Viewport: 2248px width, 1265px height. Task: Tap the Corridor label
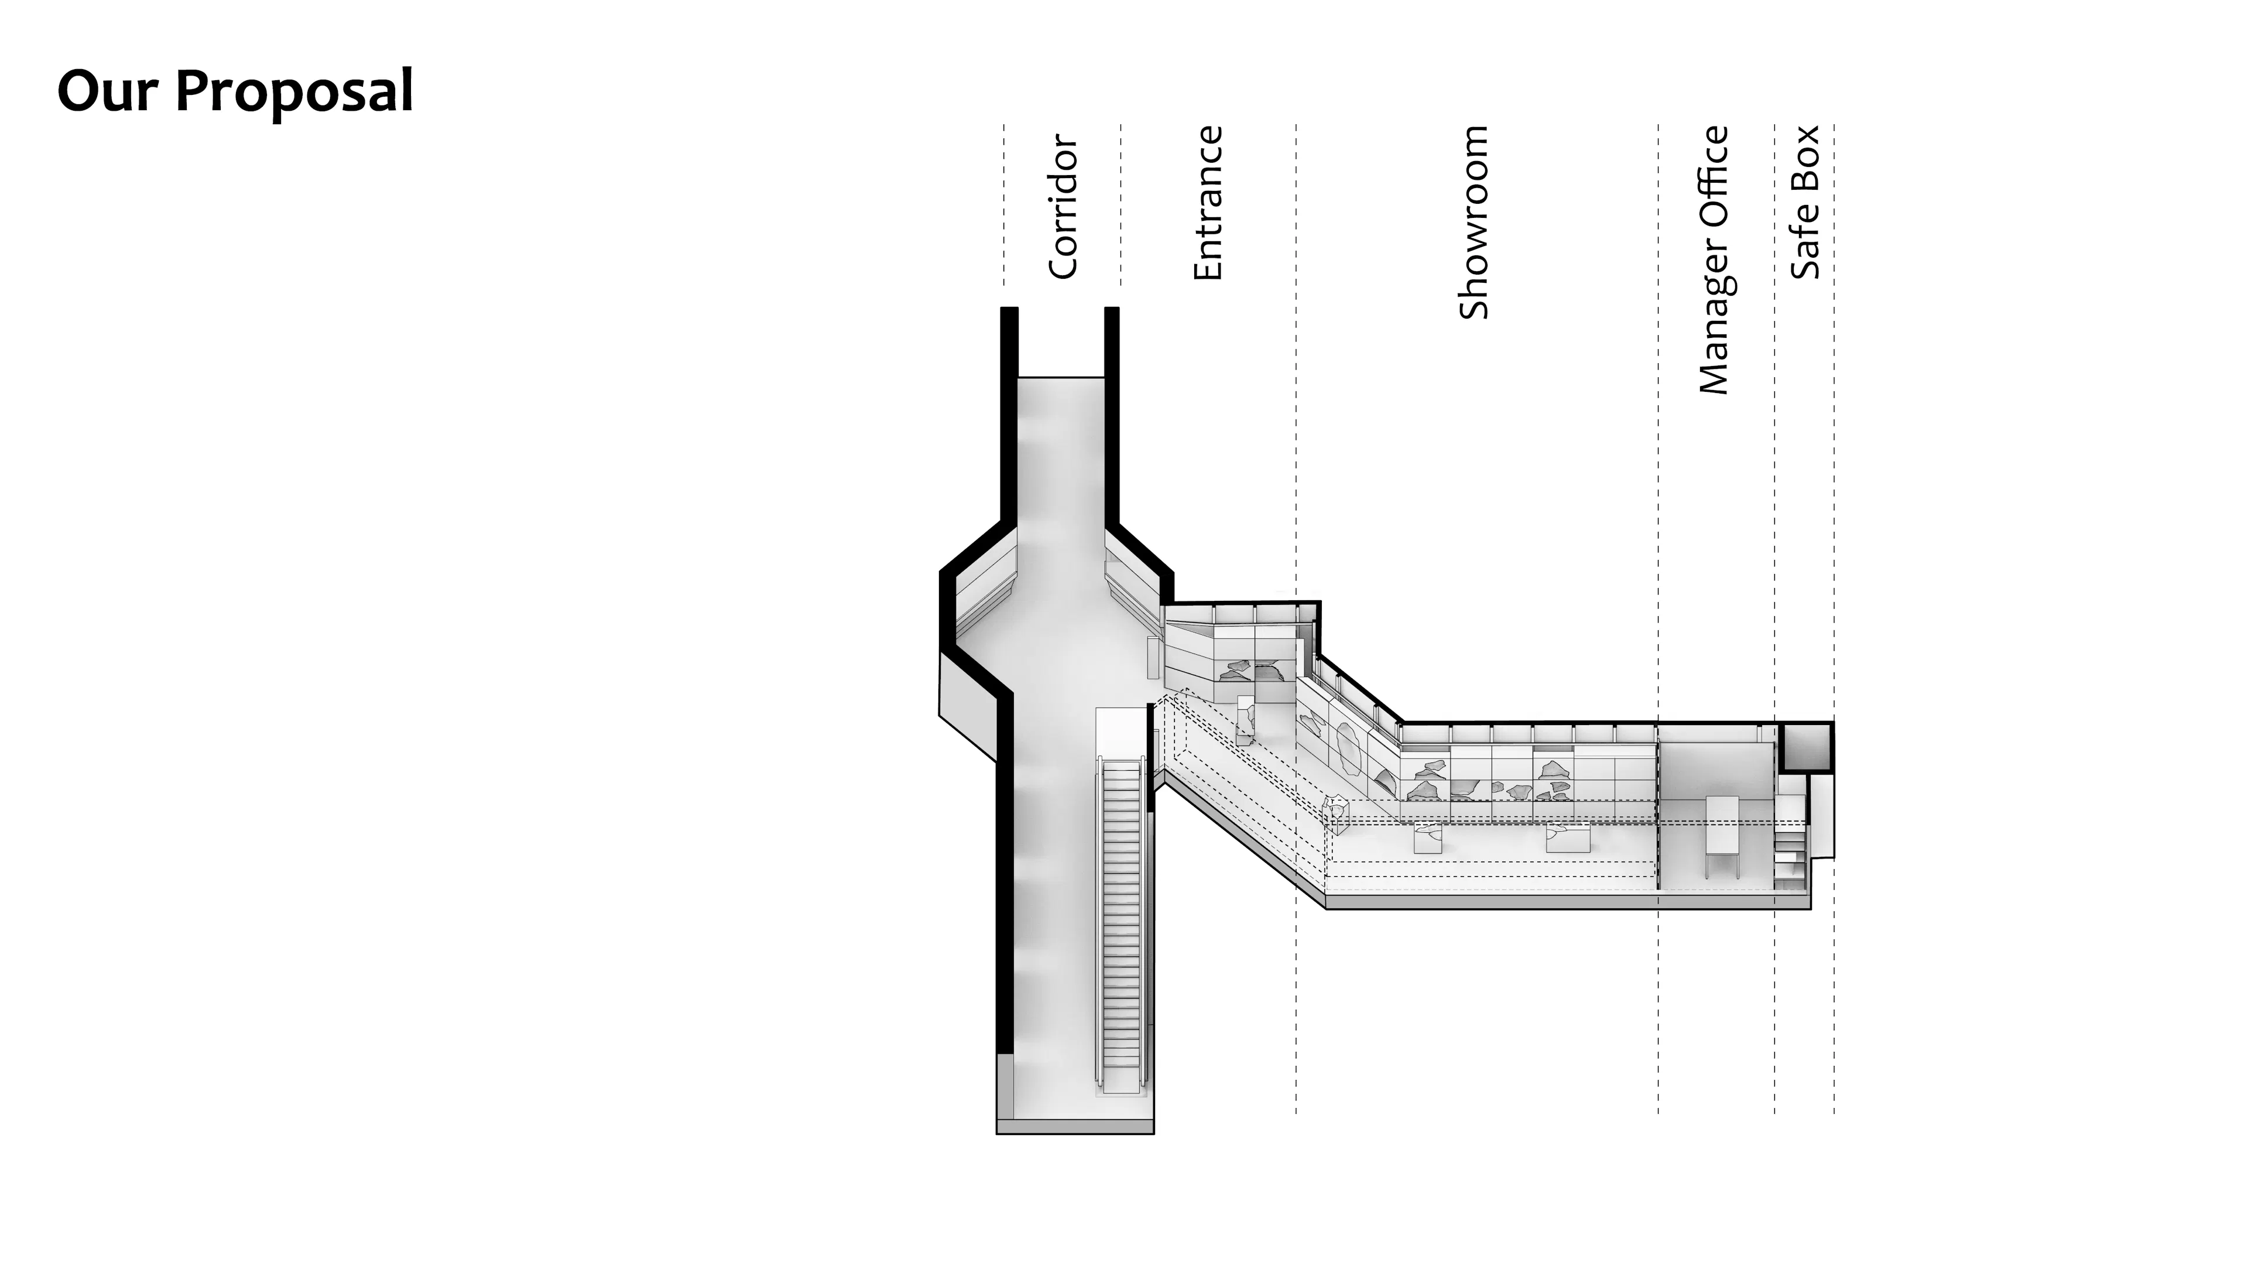pos(1063,206)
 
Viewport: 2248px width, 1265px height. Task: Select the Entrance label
pos(1208,203)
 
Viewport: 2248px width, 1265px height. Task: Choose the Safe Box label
pos(1805,203)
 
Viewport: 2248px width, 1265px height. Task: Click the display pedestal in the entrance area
pos(1246,720)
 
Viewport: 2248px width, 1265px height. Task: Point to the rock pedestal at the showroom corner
pos(1335,808)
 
